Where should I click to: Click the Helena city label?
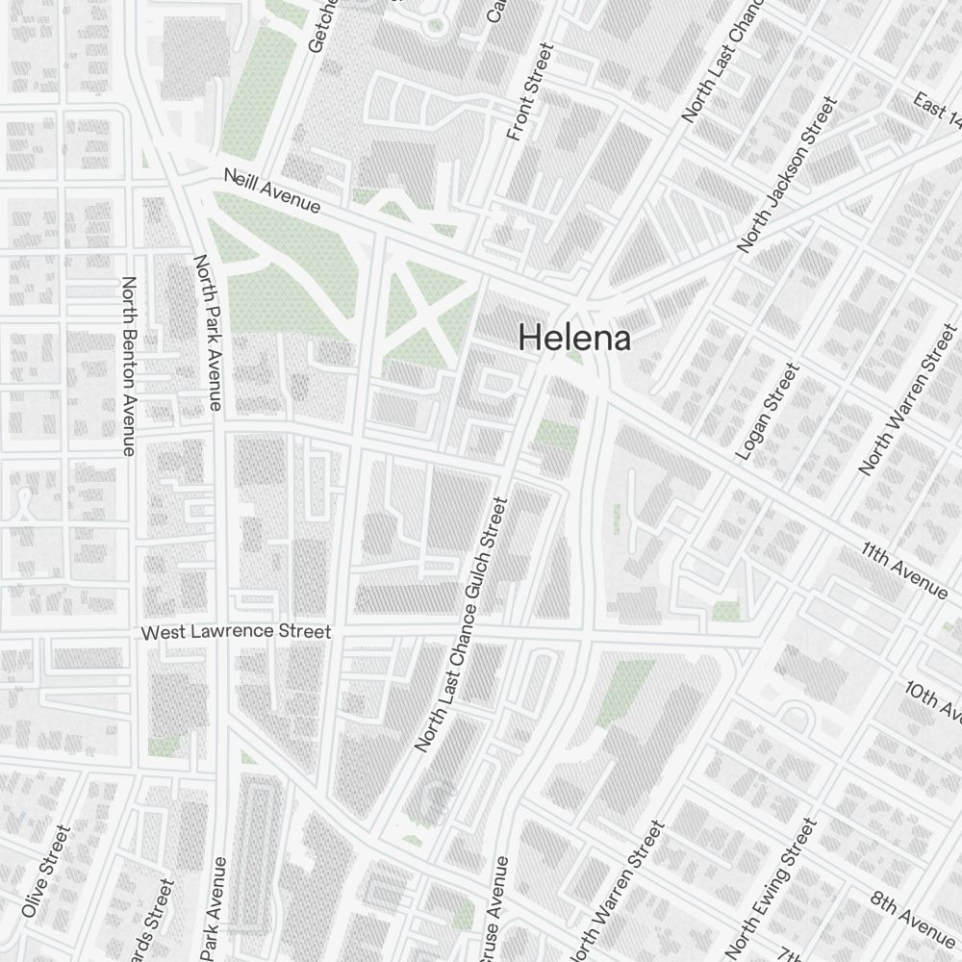point(574,338)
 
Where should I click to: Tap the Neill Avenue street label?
point(271,190)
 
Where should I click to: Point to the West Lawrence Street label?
point(236,632)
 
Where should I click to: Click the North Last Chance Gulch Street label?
point(461,623)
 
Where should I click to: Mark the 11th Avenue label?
point(904,570)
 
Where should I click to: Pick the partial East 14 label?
point(939,112)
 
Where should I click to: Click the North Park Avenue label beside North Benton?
point(209,332)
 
